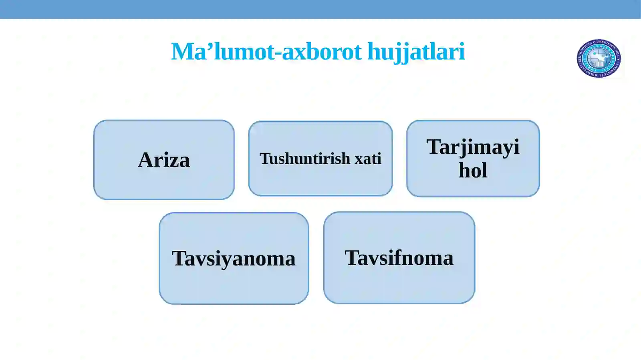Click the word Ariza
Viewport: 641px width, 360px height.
(164, 160)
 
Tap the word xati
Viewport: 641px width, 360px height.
(368, 159)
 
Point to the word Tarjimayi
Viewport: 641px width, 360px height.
(473, 147)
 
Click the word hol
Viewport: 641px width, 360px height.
(473, 170)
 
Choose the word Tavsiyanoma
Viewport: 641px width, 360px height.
(234, 259)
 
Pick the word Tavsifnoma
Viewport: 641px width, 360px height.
(399, 258)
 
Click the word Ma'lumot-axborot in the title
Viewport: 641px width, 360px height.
(266, 52)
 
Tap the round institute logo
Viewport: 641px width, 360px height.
(599, 58)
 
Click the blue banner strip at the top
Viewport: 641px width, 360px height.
(320, 9)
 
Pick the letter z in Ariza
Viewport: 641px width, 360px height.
(173, 162)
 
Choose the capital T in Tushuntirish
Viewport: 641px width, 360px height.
(264, 159)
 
